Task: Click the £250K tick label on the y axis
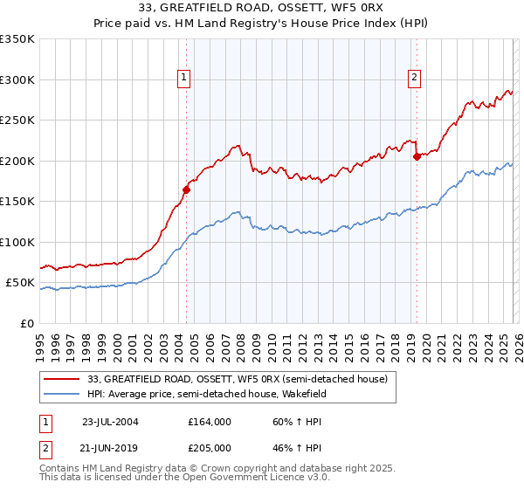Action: (x=17, y=121)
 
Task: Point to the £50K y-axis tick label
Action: (x=20, y=283)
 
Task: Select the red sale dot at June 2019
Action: (x=417, y=156)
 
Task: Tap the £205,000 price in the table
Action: (x=210, y=447)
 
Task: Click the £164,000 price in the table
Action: (x=210, y=421)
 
